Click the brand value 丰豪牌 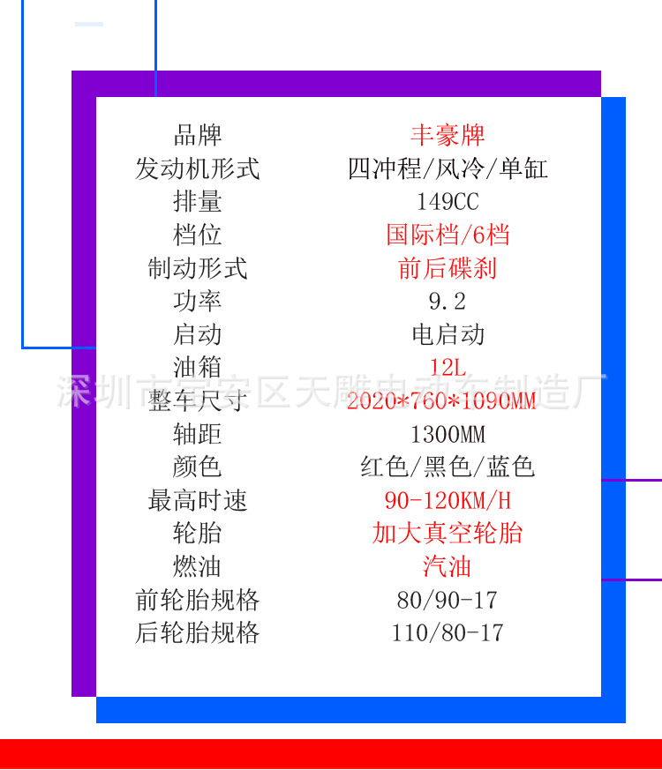click(x=448, y=135)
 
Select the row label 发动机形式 click(x=197, y=168)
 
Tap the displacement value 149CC click(x=448, y=202)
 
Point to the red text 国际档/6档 click(x=448, y=235)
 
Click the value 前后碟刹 click(x=448, y=268)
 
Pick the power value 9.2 click(x=448, y=302)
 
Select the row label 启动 click(x=197, y=335)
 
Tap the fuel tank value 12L click(x=448, y=368)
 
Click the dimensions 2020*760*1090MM click(x=441, y=401)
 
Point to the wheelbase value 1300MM click(x=448, y=434)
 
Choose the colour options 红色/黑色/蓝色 click(x=448, y=467)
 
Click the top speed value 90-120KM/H click(x=448, y=501)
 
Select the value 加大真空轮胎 click(x=448, y=534)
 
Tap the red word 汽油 click(x=448, y=566)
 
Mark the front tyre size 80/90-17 click(x=448, y=601)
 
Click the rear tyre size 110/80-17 click(x=448, y=632)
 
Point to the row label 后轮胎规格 click(x=197, y=632)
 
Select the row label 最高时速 click(x=197, y=501)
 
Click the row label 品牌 click(x=197, y=135)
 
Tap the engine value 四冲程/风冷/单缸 click(x=448, y=168)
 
